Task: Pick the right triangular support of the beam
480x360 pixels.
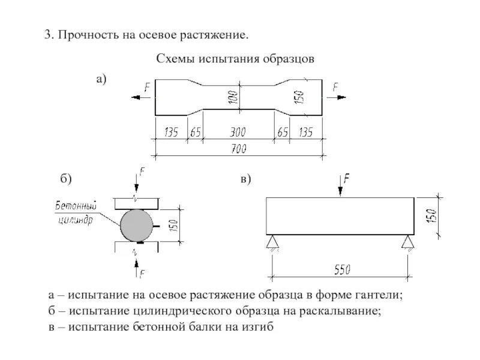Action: point(408,241)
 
